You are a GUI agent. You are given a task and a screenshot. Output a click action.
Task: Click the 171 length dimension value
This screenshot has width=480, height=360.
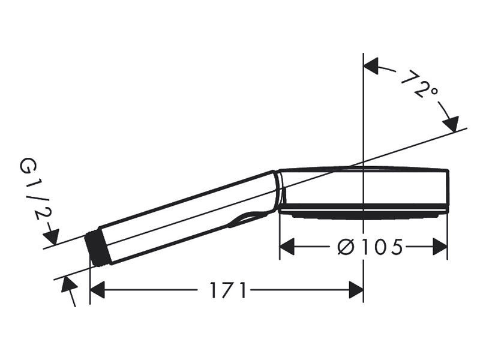[x=228, y=290]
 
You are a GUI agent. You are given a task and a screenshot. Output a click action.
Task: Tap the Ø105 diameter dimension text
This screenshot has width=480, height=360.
[x=370, y=247]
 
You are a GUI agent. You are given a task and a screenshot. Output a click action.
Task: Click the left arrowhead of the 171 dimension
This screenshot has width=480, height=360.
[x=98, y=290]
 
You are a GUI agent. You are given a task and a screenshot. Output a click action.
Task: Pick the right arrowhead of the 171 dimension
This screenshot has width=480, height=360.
[x=356, y=290]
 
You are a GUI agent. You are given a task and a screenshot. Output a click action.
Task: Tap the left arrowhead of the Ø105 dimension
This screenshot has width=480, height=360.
[x=287, y=247]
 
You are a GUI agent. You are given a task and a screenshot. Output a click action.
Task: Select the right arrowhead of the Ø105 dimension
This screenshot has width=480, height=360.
[x=440, y=247]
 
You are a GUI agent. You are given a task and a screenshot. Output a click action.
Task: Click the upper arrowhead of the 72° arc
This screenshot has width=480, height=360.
[x=371, y=65]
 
